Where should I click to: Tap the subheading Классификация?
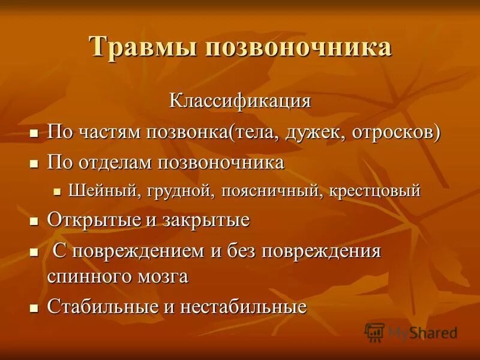click(240, 100)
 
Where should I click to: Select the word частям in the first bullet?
click(106, 132)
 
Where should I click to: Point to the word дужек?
click(310, 132)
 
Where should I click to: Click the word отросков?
click(394, 132)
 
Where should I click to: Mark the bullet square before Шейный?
click(58, 192)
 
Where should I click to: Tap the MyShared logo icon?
click(374, 332)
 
